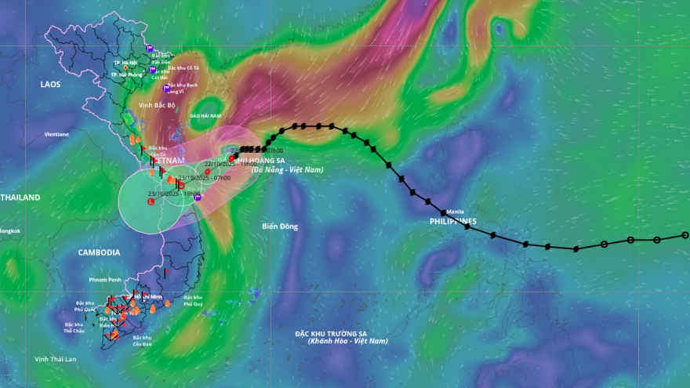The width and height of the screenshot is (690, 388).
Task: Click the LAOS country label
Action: coord(50,84)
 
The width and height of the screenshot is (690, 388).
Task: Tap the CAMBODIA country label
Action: coord(99,252)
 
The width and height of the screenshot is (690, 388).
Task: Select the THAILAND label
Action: coord(19,198)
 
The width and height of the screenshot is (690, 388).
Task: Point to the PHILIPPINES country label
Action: coord(453,222)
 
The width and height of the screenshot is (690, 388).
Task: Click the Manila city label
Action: coord(456,212)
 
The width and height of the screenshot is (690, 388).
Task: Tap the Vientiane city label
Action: coord(56,134)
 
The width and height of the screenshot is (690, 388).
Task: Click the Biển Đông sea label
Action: coord(280,227)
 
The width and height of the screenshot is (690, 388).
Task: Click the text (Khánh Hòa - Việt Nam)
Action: coord(347,341)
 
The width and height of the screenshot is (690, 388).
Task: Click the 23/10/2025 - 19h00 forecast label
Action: coord(173,193)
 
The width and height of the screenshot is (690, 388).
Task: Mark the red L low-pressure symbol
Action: coord(151,201)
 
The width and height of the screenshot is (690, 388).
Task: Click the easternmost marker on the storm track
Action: coord(685,235)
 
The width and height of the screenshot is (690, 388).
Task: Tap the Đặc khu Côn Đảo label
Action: coord(142,341)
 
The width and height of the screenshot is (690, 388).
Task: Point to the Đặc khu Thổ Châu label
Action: coord(74,328)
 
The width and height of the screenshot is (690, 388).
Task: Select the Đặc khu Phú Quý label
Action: coord(193,301)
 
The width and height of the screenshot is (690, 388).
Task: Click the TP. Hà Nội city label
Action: coord(126,62)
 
